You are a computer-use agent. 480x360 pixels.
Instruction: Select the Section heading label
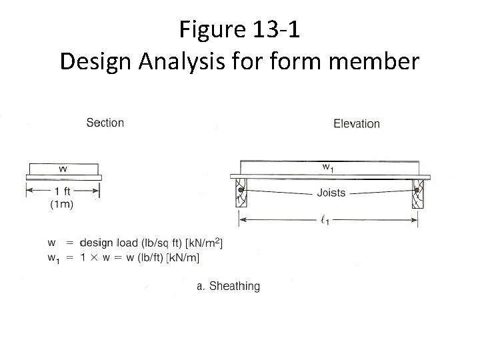[x=105, y=123]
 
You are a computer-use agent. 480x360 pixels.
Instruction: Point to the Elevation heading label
[x=357, y=123]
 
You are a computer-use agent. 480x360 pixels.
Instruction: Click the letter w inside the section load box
[x=63, y=169]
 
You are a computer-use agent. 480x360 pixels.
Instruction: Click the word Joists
[x=331, y=193]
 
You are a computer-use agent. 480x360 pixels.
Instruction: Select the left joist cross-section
[x=239, y=193]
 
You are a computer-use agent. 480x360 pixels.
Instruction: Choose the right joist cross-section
[x=417, y=193]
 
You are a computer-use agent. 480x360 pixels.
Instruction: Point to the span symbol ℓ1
[x=325, y=221]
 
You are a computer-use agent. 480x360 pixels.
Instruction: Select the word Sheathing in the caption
[x=234, y=286]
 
